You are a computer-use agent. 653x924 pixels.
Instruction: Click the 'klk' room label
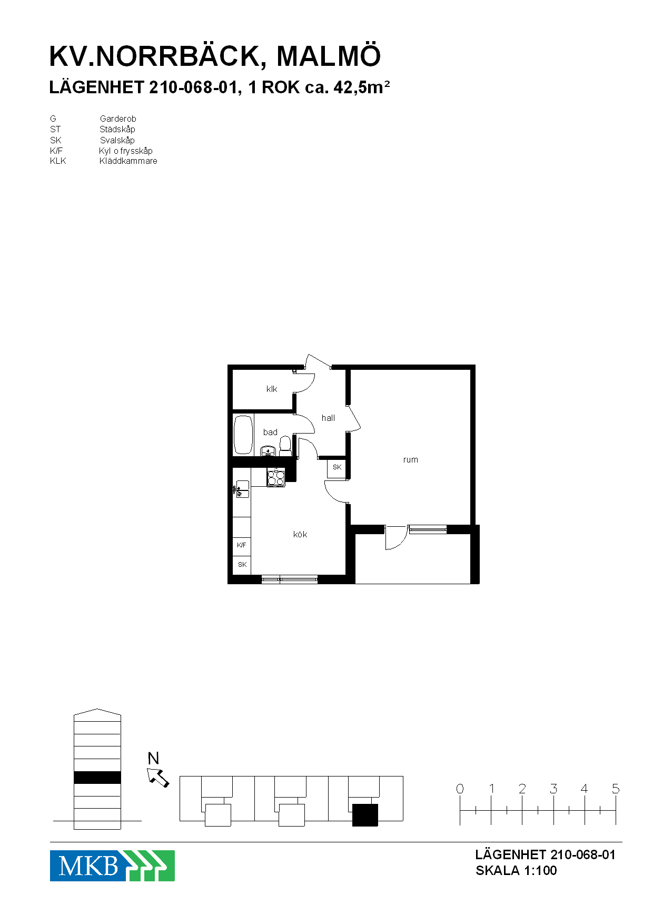tap(272, 389)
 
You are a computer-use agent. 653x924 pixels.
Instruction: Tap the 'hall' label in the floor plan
tap(328, 418)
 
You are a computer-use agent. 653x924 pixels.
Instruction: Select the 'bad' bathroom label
tap(270, 432)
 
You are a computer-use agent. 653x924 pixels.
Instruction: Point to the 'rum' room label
tap(410, 459)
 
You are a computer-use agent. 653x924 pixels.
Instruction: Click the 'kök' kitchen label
tap(300, 534)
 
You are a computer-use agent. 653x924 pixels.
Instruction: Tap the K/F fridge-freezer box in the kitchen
tap(242, 545)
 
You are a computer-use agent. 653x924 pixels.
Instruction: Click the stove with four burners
tap(276, 478)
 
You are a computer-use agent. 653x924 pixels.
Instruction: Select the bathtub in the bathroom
tap(243, 435)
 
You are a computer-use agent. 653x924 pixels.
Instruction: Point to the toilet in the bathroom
tap(285, 446)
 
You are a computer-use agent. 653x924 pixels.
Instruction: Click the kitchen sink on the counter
tap(242, 489)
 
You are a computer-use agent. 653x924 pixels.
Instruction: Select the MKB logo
tap(112, 866)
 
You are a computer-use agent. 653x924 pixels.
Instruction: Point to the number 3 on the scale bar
tap(553, 789)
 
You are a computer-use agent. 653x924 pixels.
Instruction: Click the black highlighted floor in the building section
tap(97, 777)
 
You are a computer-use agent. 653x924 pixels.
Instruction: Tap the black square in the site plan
tap(365, 815)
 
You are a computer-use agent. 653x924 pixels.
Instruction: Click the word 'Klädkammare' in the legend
tap(128, 161)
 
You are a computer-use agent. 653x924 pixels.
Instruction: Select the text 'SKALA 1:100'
tap(516, 871)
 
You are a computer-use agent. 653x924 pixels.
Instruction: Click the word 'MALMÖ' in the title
tap(329, 56)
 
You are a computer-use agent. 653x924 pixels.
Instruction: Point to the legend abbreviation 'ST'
tap(55, 130)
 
